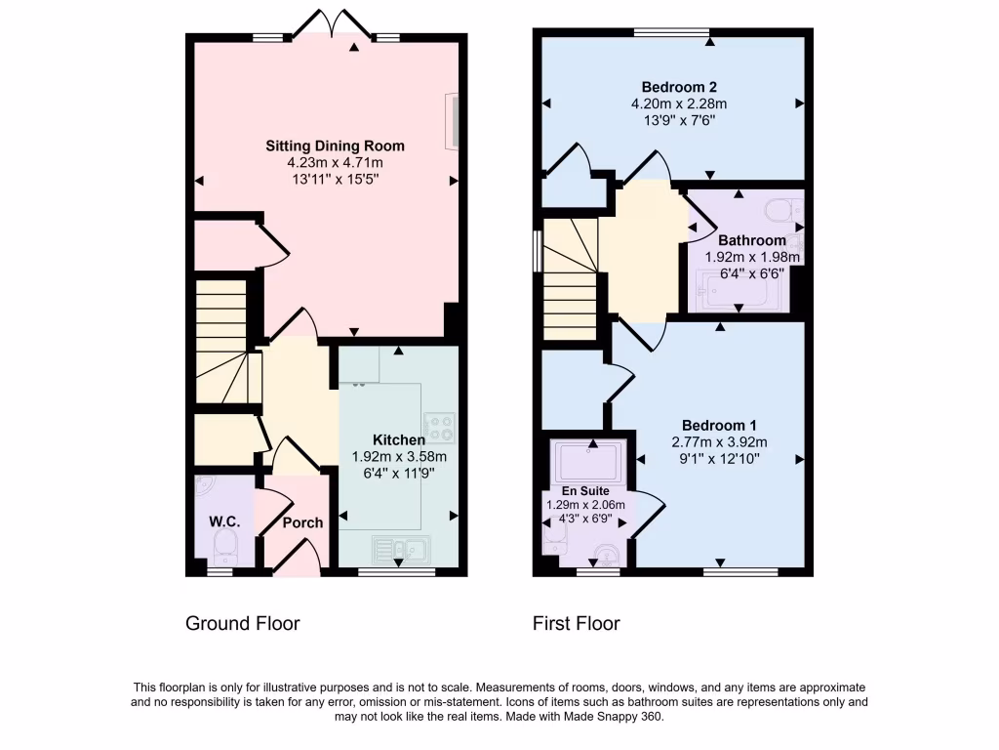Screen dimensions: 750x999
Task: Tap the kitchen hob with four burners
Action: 441,426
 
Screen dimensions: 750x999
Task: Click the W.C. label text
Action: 224,521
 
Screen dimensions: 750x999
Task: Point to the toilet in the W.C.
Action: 225,545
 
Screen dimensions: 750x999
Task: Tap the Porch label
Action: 302,522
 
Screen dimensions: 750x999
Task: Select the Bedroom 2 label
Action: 673,85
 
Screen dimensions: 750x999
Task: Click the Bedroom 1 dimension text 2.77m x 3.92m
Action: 720,441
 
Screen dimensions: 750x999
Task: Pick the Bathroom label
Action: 751,240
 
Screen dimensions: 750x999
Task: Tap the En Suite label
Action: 585,490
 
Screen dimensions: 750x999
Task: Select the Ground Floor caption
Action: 243,623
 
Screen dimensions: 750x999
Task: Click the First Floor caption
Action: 577,623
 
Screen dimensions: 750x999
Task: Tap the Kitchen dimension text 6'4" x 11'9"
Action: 398,472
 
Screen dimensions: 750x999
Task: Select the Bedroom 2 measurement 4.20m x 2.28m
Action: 673,103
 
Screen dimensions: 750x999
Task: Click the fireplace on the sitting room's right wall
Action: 453,122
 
